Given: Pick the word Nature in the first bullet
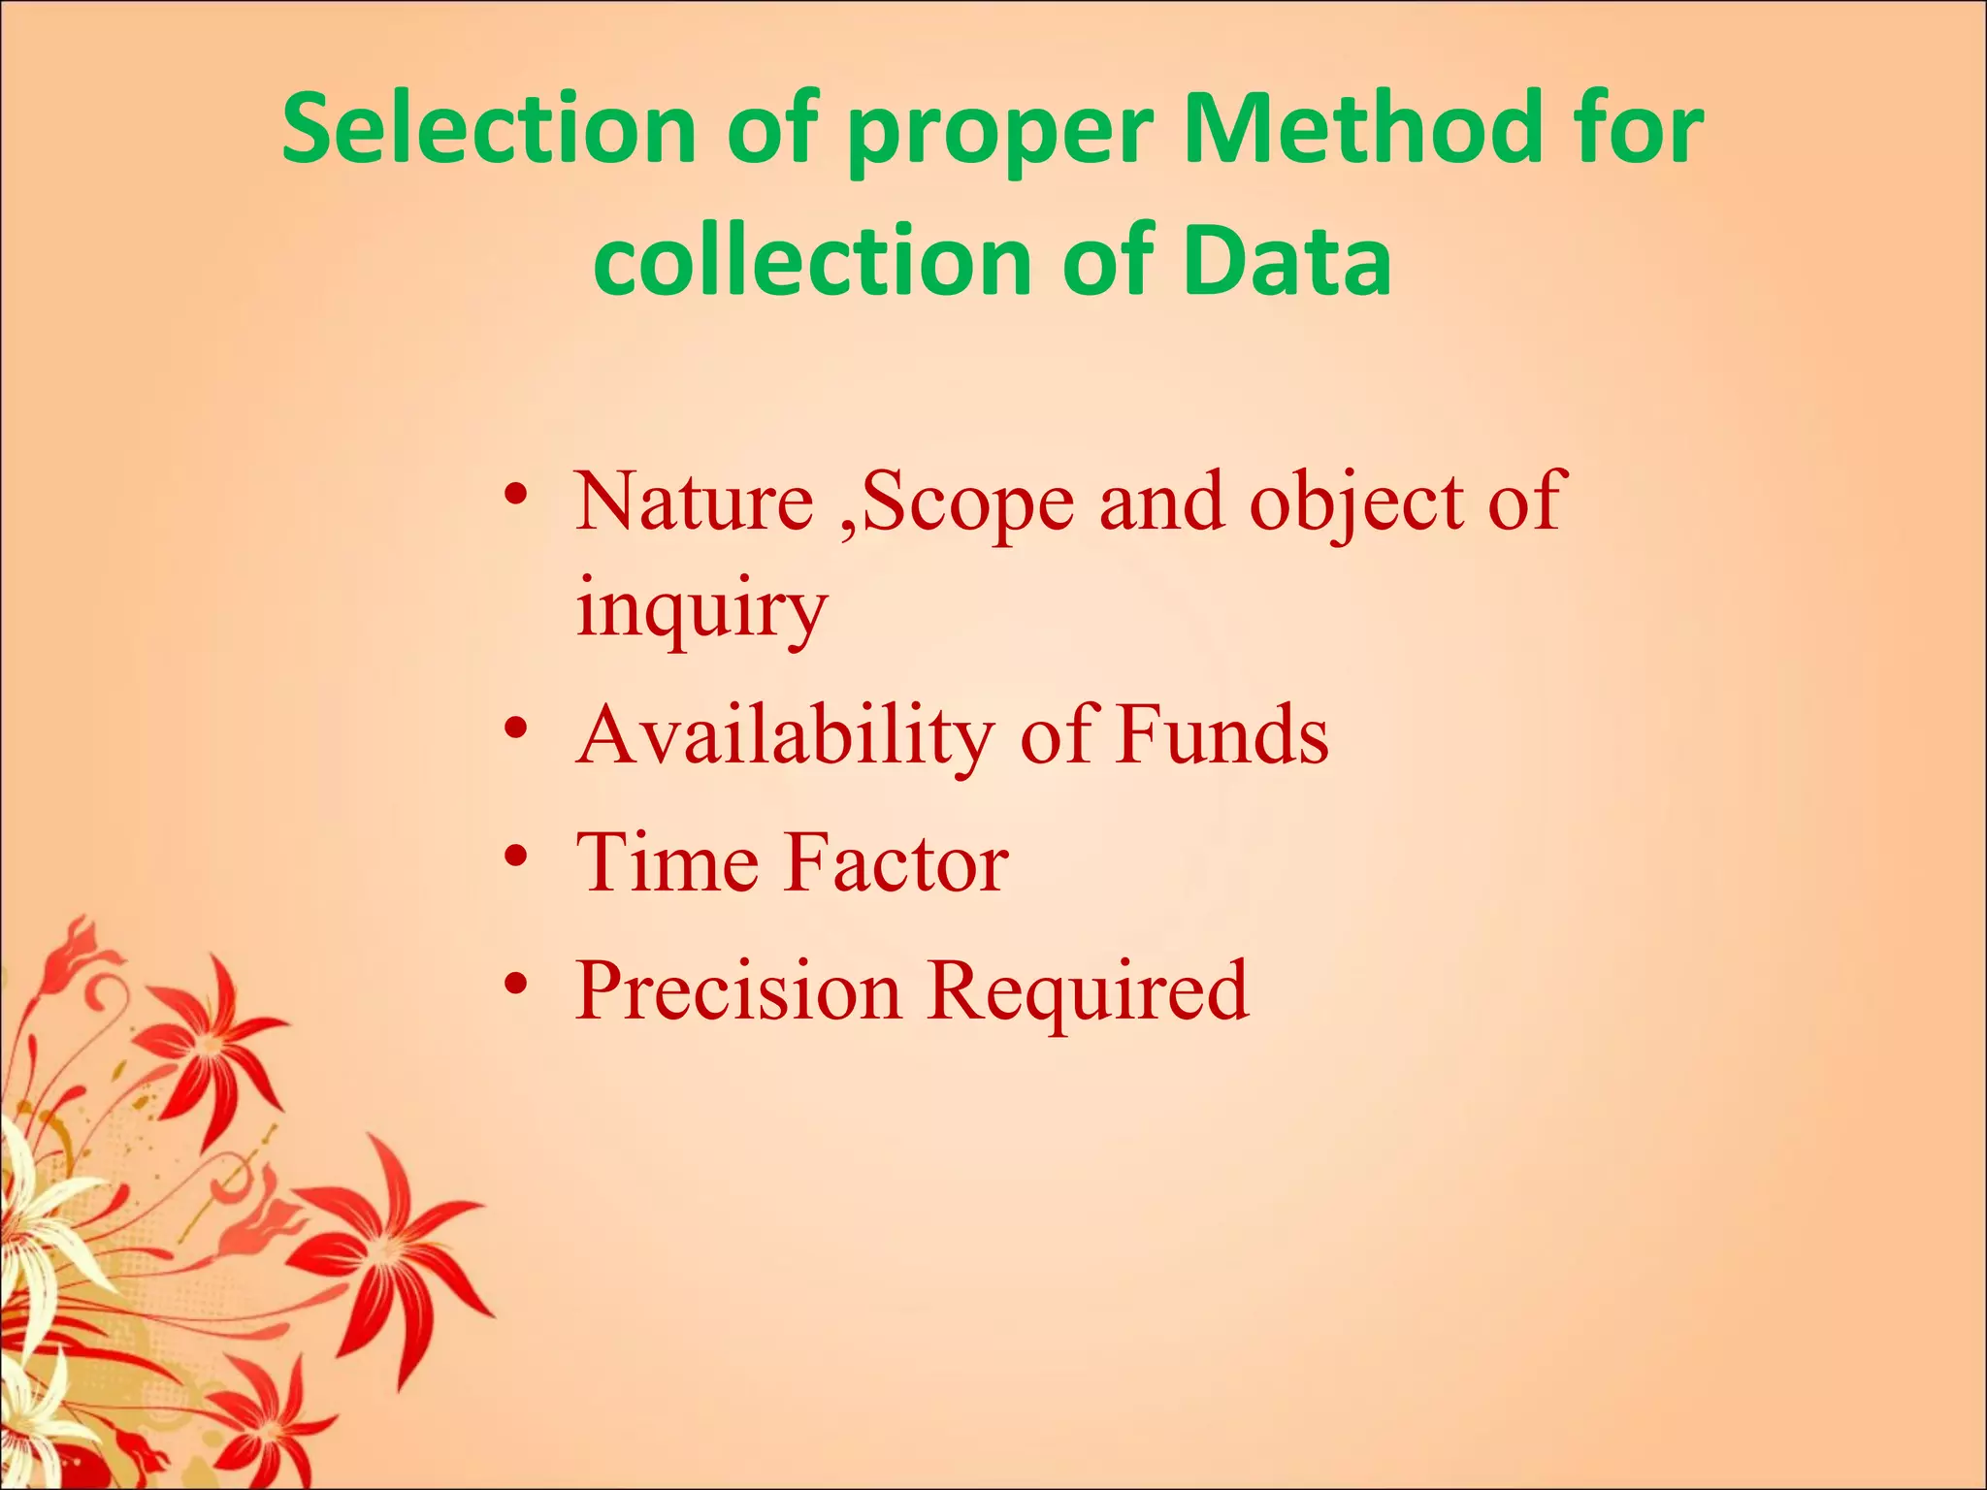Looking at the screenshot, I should click(694, 502).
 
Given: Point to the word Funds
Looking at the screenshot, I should click(1222, 734).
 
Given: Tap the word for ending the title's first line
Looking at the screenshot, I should click(1640, 128).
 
